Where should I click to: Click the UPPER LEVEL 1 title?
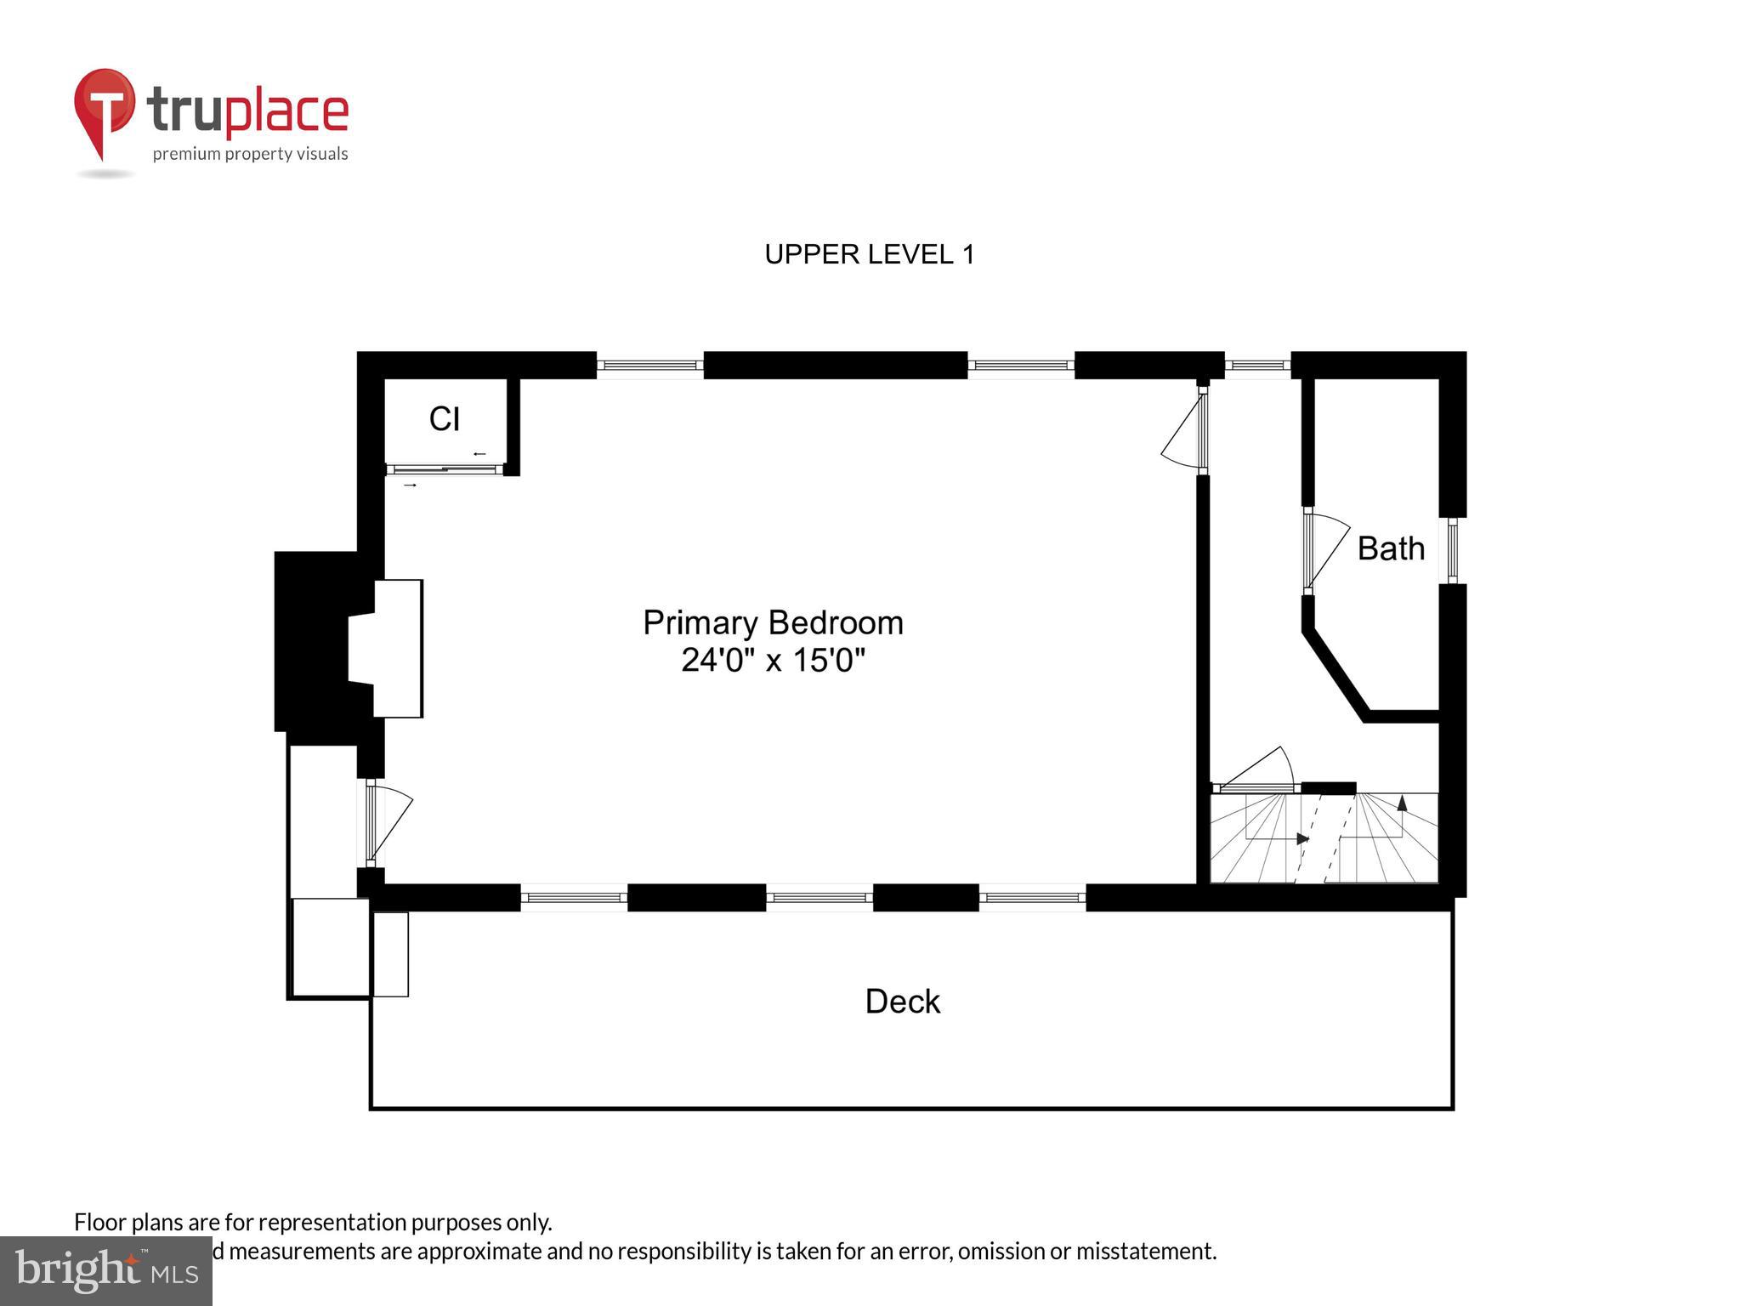(869, 254)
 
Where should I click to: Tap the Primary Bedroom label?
(772, 622)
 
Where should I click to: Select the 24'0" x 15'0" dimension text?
(772, 661)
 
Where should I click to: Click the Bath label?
(1391, 548)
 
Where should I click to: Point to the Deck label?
(902, 1002)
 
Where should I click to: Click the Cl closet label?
(445, 418)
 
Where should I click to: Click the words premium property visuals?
(250, 154)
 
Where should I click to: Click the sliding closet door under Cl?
(445, 469)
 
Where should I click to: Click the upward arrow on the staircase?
(1402, 802)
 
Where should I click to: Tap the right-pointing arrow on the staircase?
(1301, 838)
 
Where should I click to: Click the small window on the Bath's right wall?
(1452, 550)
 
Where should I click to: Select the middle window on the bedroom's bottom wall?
(819, 897)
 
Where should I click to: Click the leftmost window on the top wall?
(649, 366)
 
